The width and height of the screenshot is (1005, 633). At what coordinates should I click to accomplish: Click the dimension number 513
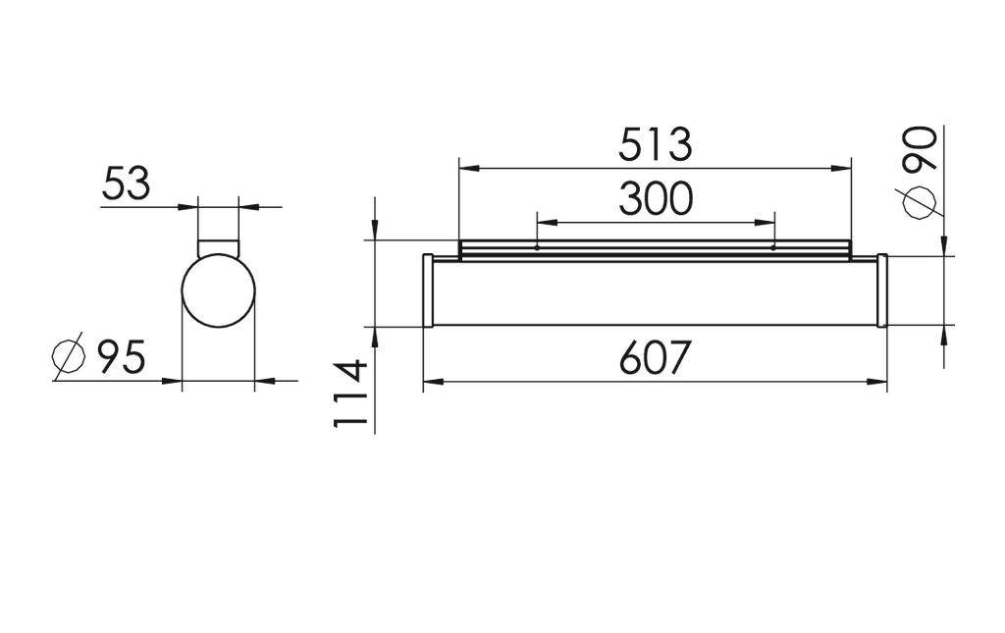(655, 145)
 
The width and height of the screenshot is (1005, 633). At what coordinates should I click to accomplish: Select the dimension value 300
(655, 199)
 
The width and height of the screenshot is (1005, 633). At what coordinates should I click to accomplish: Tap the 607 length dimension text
(655, 359)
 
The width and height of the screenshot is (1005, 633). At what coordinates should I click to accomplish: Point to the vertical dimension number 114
(350, 394)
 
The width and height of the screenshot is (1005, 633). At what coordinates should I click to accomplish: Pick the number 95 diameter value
(121, 357)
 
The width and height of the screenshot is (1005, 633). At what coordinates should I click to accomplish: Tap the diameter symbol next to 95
(68, 357)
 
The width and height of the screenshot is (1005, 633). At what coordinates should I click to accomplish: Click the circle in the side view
(218, 292)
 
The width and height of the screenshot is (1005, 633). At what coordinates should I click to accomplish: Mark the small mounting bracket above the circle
(218, 245)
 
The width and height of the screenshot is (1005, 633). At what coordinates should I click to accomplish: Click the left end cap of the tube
(428, 290)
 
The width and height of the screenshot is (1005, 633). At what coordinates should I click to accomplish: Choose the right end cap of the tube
(882, 290)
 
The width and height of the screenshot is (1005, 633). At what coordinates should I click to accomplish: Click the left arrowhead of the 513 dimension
(468, 169)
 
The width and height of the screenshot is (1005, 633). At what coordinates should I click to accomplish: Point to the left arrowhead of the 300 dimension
(545, 223)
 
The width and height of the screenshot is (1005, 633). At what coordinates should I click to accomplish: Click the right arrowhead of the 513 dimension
(841, 169)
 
